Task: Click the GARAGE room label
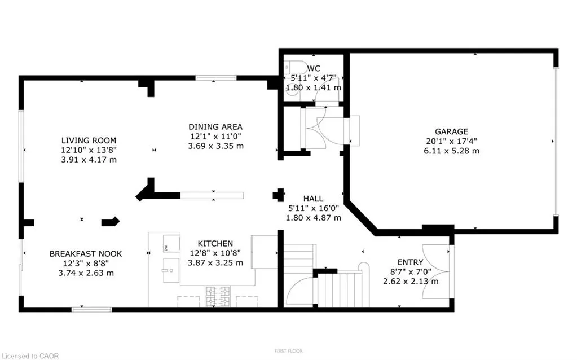click(451, 131)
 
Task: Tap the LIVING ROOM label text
click(89, 141)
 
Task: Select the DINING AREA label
click(215, 127)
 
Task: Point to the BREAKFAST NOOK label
click(85, 254)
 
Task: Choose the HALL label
click(313, 199)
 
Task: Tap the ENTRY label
click(410, 262)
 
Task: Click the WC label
click(314, 68)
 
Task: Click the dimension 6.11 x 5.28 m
click(451, 151)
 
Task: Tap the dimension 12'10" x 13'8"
click(89, 150)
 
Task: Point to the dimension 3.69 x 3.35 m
click(215, 146)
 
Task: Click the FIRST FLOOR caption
click(288, 351)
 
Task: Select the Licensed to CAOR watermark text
click(33, 355)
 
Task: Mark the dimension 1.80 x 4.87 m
click(313, 218)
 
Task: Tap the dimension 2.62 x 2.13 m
click(410, 282)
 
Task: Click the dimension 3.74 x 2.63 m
click(85, 273)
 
